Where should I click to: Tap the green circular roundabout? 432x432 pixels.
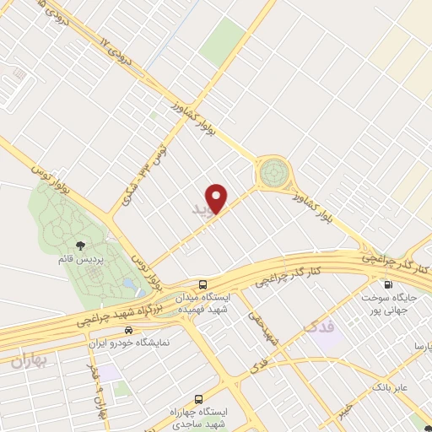click(273, 173)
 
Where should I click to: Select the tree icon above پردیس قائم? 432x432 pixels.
click(80, 246)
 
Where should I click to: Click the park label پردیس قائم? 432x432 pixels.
click(79, 261)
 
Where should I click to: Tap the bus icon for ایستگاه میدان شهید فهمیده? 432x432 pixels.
click(202, 284)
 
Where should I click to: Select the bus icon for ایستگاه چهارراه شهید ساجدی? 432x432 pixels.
click(198, 397)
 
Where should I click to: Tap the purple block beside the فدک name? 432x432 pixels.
click(331, 337)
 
